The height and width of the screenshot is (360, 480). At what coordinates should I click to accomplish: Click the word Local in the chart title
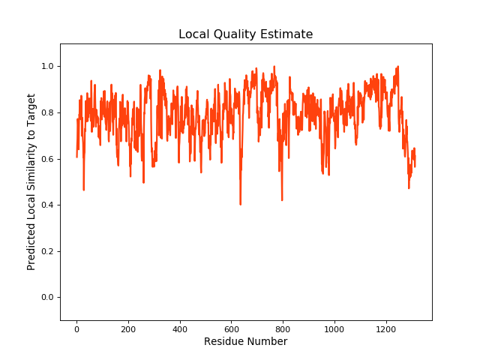coord(193,34)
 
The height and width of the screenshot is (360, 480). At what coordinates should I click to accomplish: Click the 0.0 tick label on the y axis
coord(47,298)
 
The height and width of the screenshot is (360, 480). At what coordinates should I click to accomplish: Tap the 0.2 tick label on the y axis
coord(47,251)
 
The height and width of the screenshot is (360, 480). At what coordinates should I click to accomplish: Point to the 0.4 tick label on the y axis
coord(47,205)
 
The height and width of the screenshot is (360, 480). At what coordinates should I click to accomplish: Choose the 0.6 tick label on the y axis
coord(47,159)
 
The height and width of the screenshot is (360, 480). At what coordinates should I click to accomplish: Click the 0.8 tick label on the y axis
coord(47,113)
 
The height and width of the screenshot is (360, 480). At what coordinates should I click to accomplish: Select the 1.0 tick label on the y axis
coord(47,67)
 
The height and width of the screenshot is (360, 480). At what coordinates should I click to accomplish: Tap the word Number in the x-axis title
coord(268,342)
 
